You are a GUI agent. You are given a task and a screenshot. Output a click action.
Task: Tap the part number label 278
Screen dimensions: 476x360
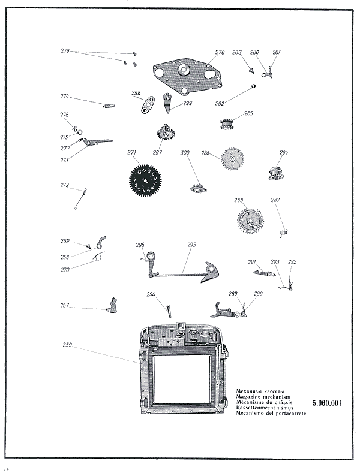220,53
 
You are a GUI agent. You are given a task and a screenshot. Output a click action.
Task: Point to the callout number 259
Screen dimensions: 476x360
67,345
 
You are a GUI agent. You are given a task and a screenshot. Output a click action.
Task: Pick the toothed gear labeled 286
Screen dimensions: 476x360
232,159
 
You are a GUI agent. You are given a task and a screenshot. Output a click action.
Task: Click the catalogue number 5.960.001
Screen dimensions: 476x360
327,403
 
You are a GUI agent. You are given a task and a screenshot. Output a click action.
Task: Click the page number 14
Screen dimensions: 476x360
7,468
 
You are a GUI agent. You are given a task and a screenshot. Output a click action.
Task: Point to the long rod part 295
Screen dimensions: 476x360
180,273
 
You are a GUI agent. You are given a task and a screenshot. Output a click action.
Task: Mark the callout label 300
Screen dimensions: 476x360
185,153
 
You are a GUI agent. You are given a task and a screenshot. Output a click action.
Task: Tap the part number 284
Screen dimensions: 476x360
283,153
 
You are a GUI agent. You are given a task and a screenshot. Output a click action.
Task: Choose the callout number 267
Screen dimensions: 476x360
64,306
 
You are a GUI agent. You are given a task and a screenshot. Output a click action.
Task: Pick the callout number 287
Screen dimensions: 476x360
275,200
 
